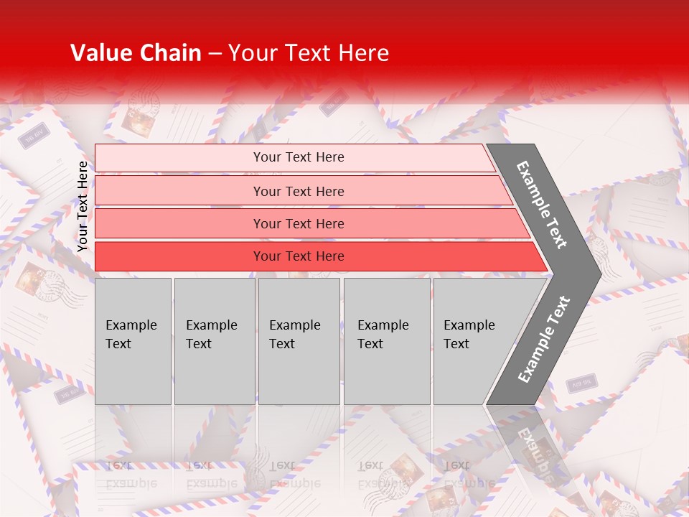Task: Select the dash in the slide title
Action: point(215,54)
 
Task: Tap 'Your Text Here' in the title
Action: point(309,53)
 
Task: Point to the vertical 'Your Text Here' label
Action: point(83,206)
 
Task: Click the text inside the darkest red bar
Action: point(299,256)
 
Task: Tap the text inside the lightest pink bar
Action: point(299,157)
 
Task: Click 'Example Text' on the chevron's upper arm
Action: point(542,205)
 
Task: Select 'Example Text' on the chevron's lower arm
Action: point(544,339)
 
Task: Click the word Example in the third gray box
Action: point(294,325)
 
